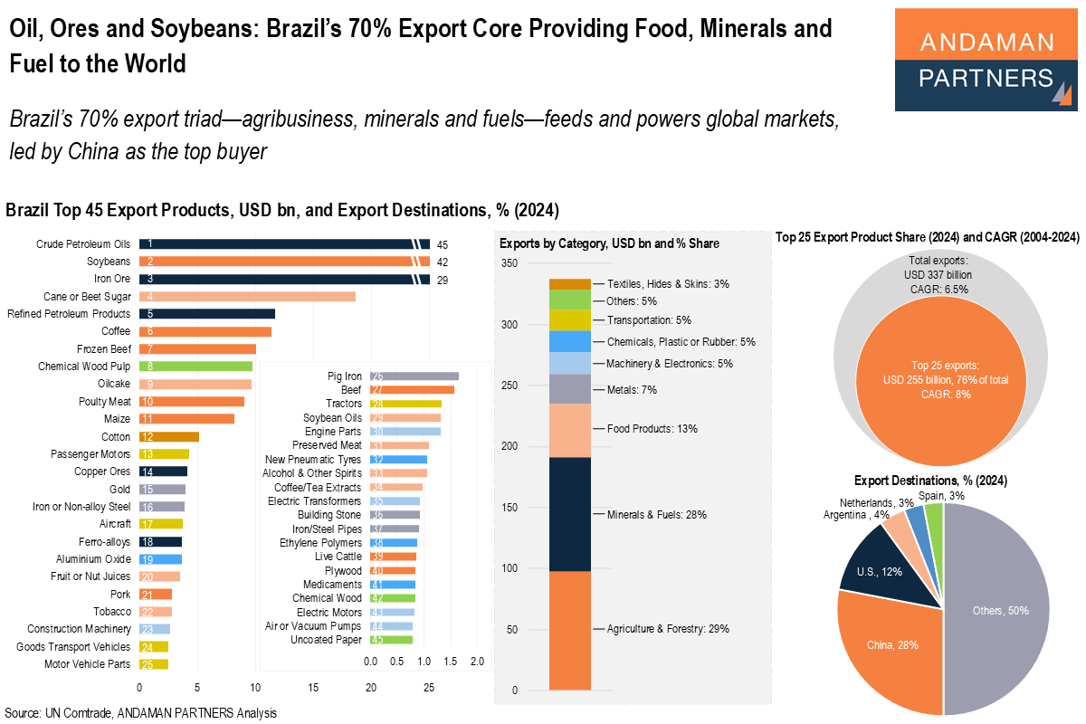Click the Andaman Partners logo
(986, 60)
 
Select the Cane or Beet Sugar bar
(247, 296)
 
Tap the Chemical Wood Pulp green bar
(195, 367)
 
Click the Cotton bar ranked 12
(169, 436)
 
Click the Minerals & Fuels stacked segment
(570, 514)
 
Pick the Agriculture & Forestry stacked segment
(570, 630)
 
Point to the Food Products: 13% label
(653, 428)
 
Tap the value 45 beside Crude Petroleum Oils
(443, 244)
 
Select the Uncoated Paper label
(326, 640)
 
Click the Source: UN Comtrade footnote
(141, 713)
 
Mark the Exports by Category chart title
(609, 243)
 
